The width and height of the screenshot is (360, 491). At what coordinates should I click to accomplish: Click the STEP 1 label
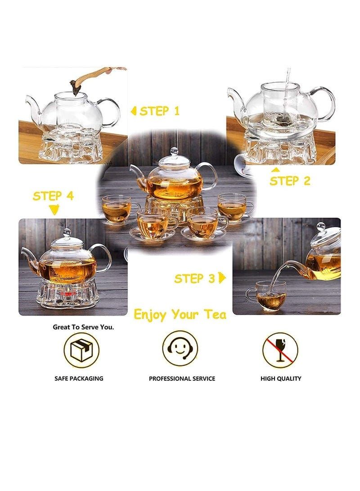160,111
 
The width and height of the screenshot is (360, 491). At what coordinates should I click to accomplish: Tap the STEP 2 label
290,180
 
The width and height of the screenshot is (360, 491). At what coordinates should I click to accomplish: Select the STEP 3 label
194,279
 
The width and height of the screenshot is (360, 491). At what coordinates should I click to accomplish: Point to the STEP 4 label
53,196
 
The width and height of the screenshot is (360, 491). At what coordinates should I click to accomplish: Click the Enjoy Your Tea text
180,315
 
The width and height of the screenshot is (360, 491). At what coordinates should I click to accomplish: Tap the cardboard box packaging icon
81,350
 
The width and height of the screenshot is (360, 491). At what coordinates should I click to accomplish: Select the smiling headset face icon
180,348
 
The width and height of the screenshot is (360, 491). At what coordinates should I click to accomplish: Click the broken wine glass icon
280,350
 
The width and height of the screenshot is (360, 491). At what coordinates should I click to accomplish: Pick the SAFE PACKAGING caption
79,378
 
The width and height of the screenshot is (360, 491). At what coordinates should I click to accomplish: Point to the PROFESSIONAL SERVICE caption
182,378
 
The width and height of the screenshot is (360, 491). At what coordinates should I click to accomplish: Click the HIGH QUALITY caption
281,378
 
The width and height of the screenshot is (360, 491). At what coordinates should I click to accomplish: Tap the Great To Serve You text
83,327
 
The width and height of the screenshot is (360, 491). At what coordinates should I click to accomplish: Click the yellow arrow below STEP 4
54,209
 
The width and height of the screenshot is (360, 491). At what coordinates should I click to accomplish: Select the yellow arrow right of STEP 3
222,278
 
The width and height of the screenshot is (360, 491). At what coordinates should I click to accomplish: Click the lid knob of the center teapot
174,151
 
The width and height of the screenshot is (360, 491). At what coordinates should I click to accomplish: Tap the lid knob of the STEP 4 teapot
67,232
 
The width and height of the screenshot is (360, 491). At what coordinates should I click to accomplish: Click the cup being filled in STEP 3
267,296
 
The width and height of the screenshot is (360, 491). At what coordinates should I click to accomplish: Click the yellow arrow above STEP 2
275,170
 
